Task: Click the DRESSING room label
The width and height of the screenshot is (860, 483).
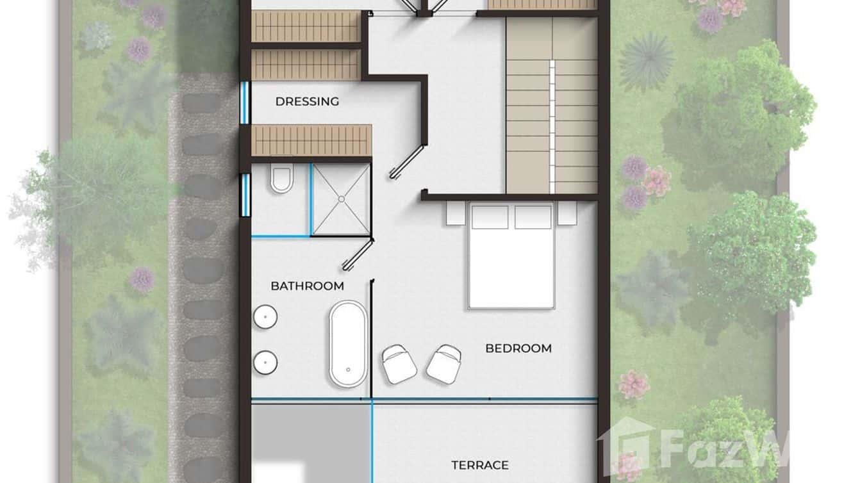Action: pyautogui.click(x=307, y=101)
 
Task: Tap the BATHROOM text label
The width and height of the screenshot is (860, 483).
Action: pyautogui.click(x=307, y=286)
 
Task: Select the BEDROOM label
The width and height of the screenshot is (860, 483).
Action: pyautogui.click(x=518, y=348)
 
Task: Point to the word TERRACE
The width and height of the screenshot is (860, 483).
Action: pyautogui.click(x=479, y=465)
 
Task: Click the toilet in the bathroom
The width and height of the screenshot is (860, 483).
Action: pyautogui.click(x=281, y=179)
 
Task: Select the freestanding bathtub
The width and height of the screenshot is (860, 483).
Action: pyautogui.click(x=349, y=343)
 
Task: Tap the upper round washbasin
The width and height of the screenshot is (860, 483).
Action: pyautogui.click(x=265, y=316)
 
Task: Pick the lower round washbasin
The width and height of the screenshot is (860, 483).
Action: pyautogui.click(x=265, y=363)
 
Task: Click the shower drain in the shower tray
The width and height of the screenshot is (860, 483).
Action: pyautogui.click(x=341, y=199)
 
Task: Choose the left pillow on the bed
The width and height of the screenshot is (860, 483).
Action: pyautogui.click(x=490, y=217)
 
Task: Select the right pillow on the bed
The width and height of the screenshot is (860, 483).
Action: pyautogui.click(x=533, y=217)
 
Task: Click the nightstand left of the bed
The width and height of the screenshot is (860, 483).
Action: pyautogui.click(x=455, y=213)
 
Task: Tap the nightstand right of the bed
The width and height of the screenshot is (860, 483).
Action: pyautogui.click(x=567, y=213)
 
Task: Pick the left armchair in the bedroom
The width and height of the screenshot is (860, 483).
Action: pyautogui.click(x=399, y=364)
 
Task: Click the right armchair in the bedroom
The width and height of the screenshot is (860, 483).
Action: pyautogui.click(x=443, y=364)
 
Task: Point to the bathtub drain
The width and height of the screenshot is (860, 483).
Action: pyautogui.click(x=348, y=370)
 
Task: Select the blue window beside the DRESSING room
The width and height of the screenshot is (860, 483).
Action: pyautogui.click(x=244, y=102)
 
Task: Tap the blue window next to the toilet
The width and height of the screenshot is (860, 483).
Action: pyautogui.click(x=245, y=195)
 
